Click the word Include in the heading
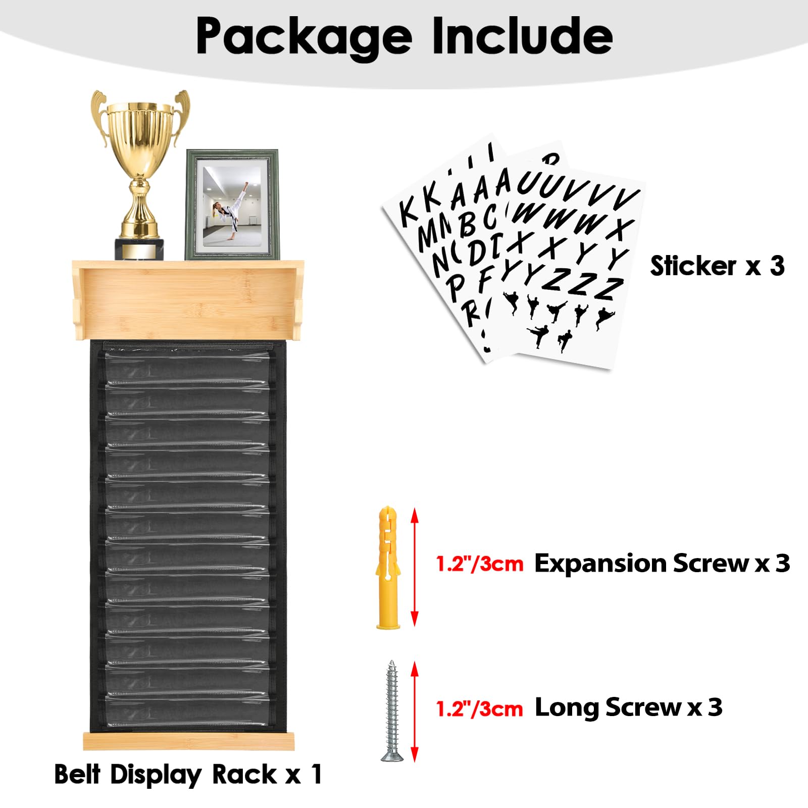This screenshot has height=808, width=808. (x=523, y=35)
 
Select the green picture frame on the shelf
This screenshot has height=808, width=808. (x=232, y=205)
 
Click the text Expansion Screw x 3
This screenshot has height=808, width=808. (x=662, y=563)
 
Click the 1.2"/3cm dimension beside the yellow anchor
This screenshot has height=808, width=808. (x=480, y=564)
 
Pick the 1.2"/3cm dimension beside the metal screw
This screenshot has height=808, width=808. (x=480, y=709)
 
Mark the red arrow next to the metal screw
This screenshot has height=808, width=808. (x=415, y=712)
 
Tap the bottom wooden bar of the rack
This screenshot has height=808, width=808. (x=189, y=741)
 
